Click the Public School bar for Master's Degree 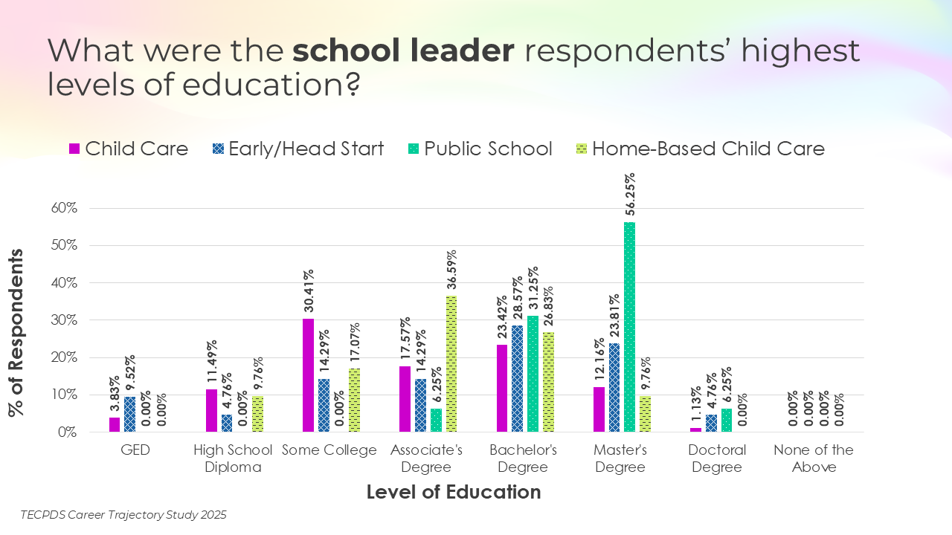(630, 327)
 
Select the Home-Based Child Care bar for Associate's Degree (451, 363)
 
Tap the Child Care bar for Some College (308, 375)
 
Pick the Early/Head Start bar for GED (130, 414)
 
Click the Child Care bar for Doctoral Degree (695, 429)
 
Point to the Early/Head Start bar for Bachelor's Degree (517, 378)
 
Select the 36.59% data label (451, 270)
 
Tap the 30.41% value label (308, 293)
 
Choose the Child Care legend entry (128, 149)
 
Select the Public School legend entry (479, 149)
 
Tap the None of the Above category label (814, 458)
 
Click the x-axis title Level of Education (454, 492)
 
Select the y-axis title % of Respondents (16, 332)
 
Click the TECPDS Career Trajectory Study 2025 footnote (123, 514)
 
